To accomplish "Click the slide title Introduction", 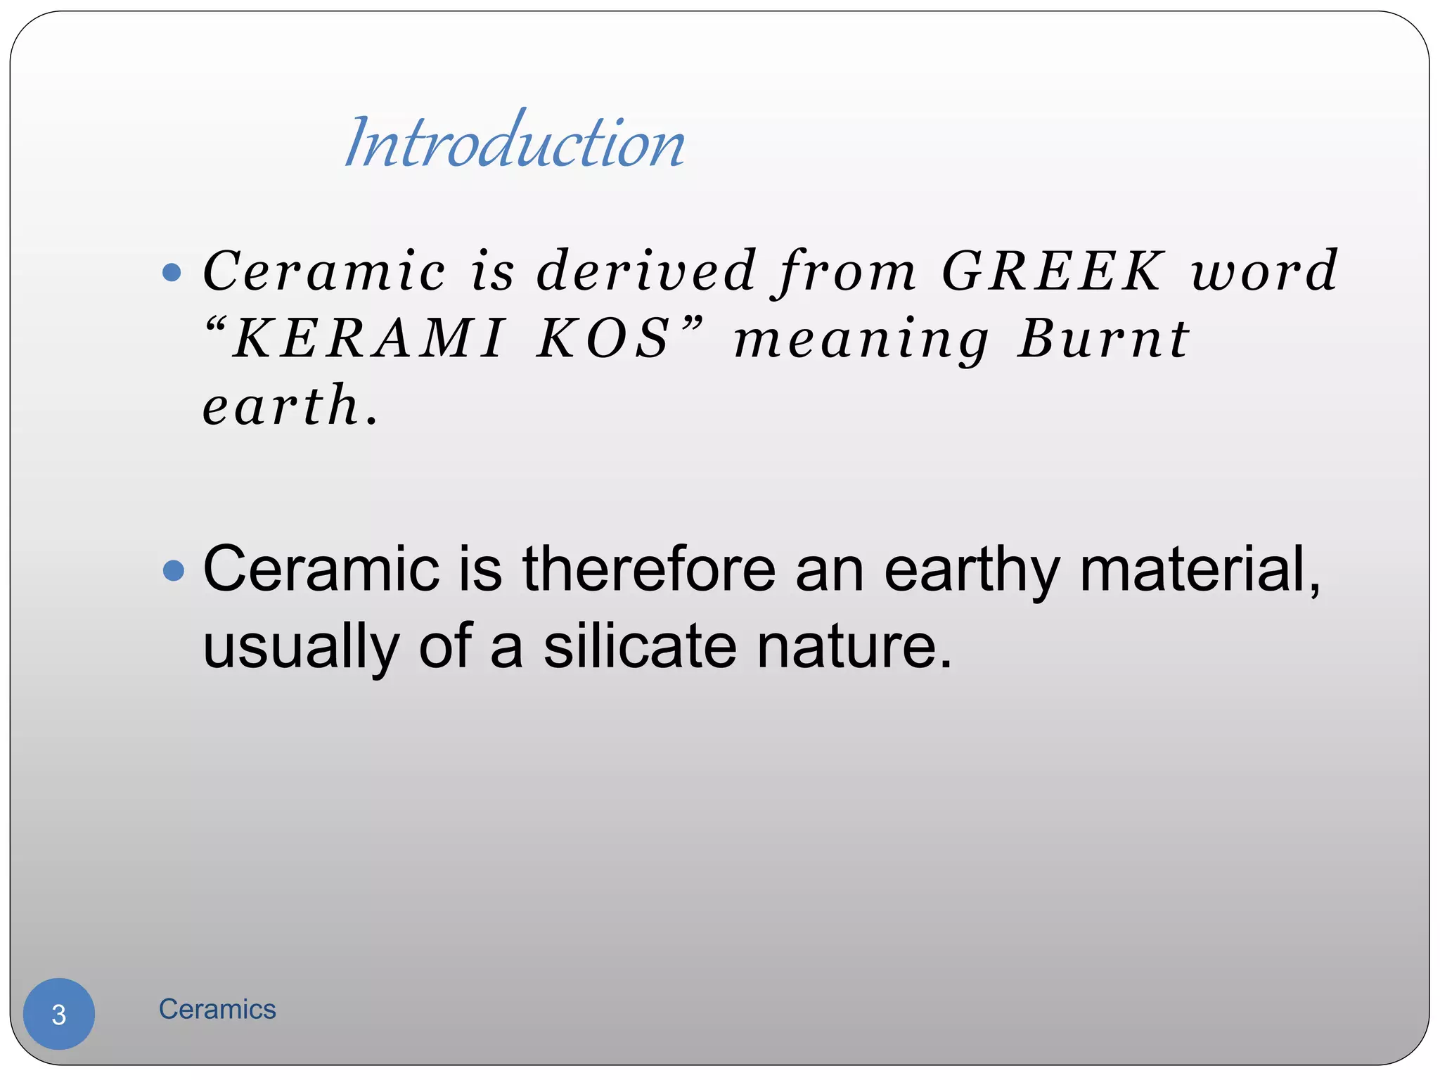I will pos(515,143).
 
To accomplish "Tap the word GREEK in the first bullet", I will pos(1052,271).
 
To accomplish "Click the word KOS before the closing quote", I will pos(603,339).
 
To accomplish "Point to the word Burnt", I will pos(1103,339).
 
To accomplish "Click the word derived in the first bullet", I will pos(646,271).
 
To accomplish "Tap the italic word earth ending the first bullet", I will pos(282,406).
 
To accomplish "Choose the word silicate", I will pos(640,646).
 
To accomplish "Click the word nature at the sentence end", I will pos(854,648).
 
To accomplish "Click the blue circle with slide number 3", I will pos(59,1014).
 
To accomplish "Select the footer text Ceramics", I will pos(217,1010).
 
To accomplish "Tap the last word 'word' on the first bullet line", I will pos(1264,271).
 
